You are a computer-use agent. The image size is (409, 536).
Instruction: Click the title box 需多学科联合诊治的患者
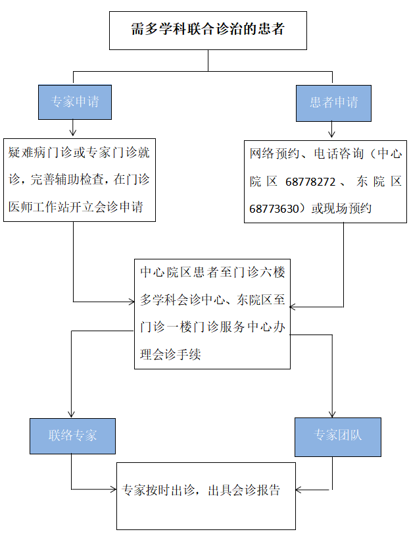(208, 30)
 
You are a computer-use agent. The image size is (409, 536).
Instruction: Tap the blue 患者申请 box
(333, 103)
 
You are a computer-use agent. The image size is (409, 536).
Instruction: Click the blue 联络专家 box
(72, 435)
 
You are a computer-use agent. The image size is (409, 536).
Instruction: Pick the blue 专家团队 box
(337, 437)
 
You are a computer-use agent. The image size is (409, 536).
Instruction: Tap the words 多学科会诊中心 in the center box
(181, 300)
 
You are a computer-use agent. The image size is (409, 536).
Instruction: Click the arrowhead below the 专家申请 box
(72, 134)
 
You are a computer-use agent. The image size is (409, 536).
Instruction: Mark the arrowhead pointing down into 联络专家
(71, 414)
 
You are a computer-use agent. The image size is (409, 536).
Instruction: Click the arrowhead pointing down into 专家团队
(333, 414)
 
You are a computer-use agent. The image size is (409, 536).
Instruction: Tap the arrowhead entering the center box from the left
(131, 302)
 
